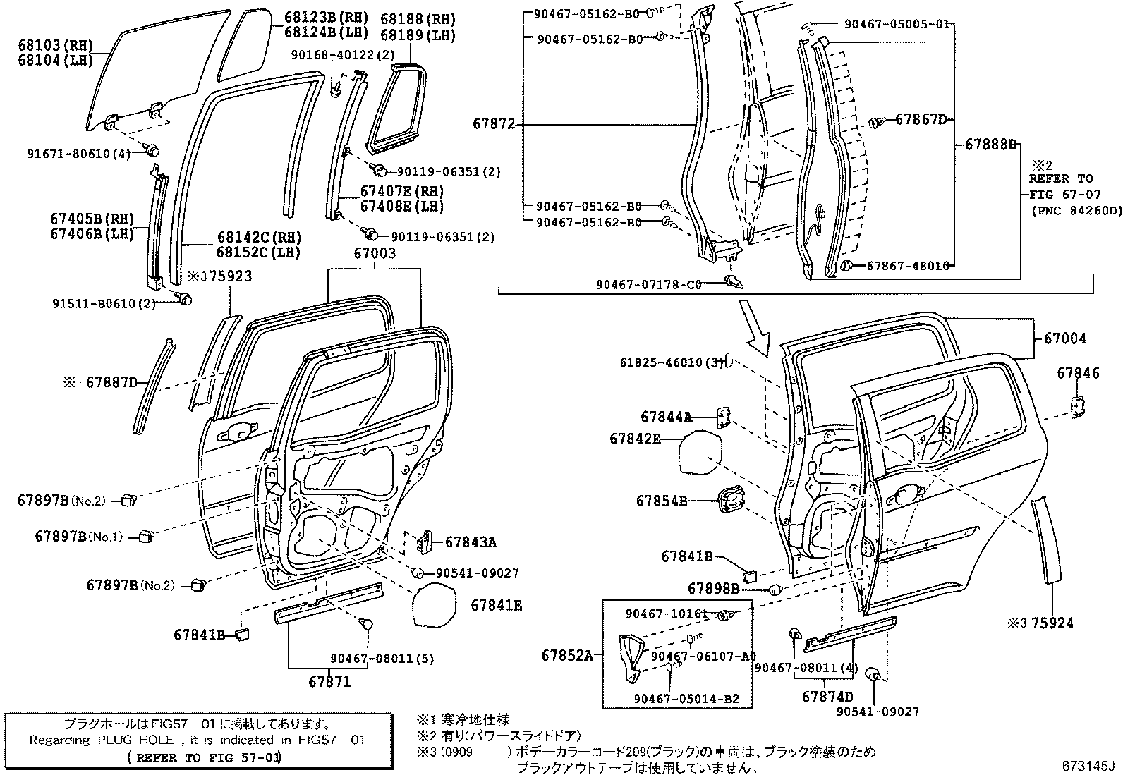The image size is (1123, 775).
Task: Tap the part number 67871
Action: coord(329,682)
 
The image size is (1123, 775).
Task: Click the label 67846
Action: coord(1078,374)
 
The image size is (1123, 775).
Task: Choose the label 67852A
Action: coord(567,655)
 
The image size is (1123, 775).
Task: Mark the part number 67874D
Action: coord(827,697)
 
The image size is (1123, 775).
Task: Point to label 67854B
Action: coord(661,501)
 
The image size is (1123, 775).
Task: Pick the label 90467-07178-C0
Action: coord(648,285)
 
